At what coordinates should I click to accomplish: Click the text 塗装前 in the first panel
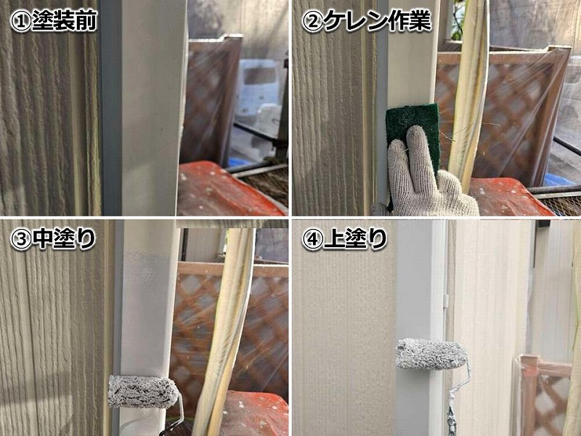(64, 20)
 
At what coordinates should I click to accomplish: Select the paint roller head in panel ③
(143, 392)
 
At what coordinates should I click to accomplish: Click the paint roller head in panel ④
(431, 354)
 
